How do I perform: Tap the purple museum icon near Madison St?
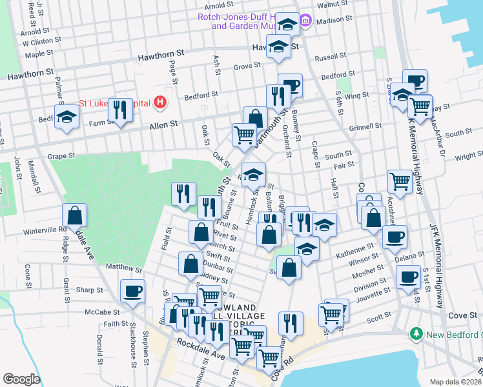tap(305, 21)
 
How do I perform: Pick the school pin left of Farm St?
tap(66, 117)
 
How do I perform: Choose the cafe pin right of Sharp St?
tap(132, 292)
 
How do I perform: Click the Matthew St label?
tap(123, 267)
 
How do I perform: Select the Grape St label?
tap(62, 155)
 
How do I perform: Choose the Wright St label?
tap(469, 156)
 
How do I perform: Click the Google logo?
tap(21, 379)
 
